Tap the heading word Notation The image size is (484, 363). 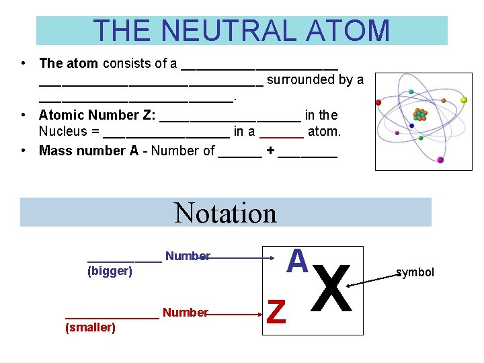pos(225,213)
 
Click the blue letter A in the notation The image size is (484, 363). pos(296,261)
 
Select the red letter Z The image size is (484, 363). pos(276,311)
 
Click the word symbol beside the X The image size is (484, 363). pos(415,272)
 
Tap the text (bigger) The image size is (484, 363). pos(110,271)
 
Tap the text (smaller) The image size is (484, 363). pos(90,327)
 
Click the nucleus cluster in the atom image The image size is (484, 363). pos(420,115)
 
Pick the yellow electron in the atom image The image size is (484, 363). pos(464,99)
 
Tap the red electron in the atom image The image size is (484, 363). pos(378,102)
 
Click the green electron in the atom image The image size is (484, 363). pos(421,138)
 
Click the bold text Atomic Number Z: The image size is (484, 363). pos(97,115)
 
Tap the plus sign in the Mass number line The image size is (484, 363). pos(270,151)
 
